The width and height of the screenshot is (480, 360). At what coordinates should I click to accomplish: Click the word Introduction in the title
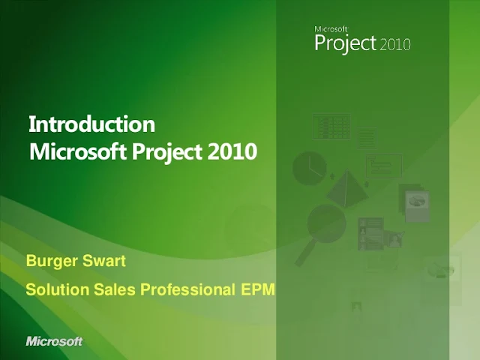tap(91, 124)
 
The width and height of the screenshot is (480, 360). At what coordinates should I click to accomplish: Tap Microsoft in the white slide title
tap(78, 151)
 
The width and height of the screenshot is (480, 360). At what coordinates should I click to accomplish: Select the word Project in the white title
tap(167, 152)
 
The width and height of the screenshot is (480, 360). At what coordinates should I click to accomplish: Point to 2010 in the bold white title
tap(232, 151)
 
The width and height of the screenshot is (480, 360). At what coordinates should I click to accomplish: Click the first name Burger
tap(52, 261)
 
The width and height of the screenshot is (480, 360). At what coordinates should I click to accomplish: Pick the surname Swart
tap(104, 261)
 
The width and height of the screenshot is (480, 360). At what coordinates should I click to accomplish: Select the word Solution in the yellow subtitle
tap(57, 289)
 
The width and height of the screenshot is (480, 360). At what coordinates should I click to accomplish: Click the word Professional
tap(187, 289)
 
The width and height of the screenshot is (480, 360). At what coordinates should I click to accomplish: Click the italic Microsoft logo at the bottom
tap(54, 341)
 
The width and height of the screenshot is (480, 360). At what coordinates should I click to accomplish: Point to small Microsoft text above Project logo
tap(331, 29)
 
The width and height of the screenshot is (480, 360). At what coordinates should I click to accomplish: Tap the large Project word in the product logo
tap(345, 43)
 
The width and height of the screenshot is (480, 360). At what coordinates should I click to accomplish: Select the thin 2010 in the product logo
tap(395, 45)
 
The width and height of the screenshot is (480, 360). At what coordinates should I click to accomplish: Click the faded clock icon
tap(309, 168)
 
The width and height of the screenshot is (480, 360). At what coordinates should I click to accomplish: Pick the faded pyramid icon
tap(346, 188)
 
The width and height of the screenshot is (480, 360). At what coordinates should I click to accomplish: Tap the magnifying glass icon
tap(322, 232)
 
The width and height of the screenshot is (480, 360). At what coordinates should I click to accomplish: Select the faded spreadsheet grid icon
tap(331, 127)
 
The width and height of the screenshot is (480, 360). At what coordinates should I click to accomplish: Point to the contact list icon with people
tap(370, 234)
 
